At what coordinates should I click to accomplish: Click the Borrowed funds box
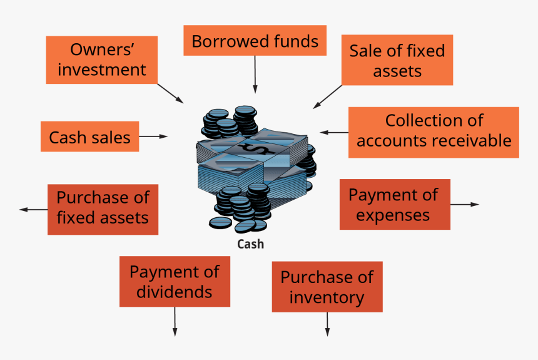tap(255, 41)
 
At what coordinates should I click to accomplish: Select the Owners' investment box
tap(101, 60)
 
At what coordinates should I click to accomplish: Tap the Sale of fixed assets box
tap(397, 60)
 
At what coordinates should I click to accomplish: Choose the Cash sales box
tap(89, 136)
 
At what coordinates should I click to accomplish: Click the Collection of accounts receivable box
tap(433, 131)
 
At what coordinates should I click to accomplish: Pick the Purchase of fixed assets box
tap(103, 209)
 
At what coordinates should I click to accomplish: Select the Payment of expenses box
tap(394, 204)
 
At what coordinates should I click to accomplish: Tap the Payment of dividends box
tap(175, 282)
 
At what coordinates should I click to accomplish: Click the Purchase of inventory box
tap(327, 287)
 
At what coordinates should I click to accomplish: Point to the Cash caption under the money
tap(250, 244)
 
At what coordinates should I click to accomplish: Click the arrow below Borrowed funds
tap(255, 75)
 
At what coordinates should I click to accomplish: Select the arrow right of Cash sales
tap(154, 136)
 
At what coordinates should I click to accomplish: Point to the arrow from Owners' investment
tap(170, 93)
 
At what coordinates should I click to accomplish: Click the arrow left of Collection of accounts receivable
tap(334, 132)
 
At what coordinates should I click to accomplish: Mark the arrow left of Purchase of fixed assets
tap(33, 209)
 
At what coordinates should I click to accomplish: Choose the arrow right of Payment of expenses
tap(465, 204)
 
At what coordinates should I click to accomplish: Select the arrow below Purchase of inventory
tap(327, 324)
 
